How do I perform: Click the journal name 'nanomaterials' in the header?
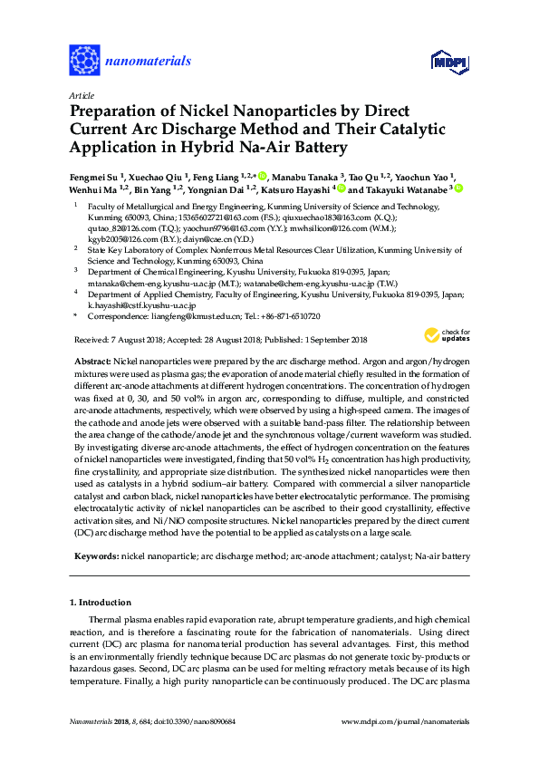[x=149, y=62]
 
